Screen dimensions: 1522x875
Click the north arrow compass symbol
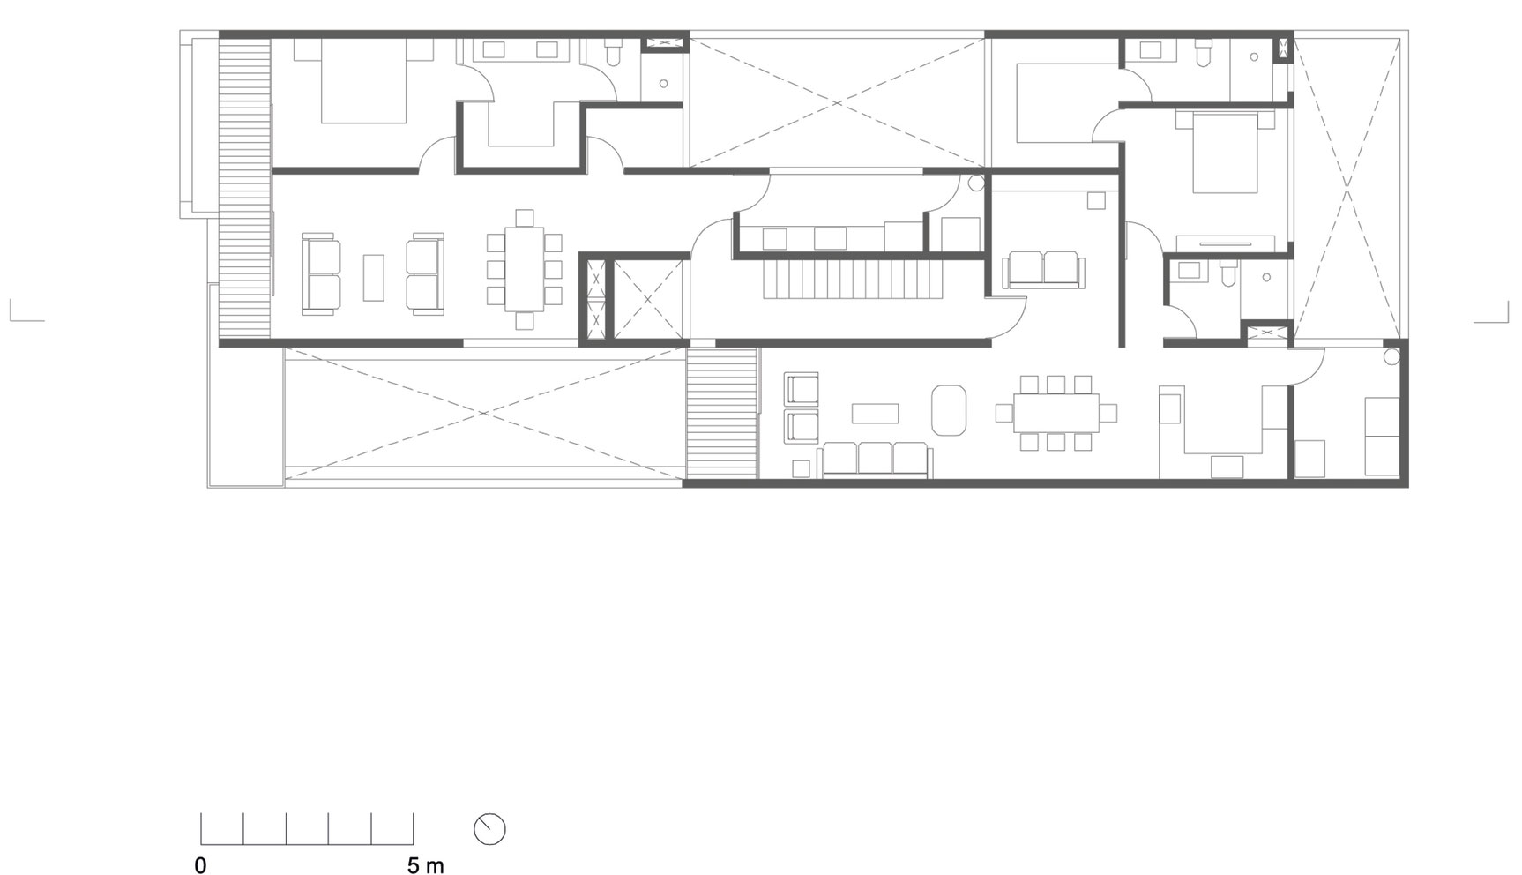click(489, 829)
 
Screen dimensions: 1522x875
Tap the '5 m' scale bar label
click(426, 865)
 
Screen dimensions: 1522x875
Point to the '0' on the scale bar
click(200, 865)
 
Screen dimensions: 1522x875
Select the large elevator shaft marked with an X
click(648, 300)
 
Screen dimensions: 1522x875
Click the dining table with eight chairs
click(525, 269)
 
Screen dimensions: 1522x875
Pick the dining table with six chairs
click(1056, 412)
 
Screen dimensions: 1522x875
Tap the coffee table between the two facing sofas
click(374, 277)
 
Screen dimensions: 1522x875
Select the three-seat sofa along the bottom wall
click(875, 460)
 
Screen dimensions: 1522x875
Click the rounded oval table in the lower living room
click(949, 409)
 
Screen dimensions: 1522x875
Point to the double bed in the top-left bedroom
click(363, 81)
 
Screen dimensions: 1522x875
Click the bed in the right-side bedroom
click(1225, 152)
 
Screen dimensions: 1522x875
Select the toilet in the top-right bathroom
click(1204, 55)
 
